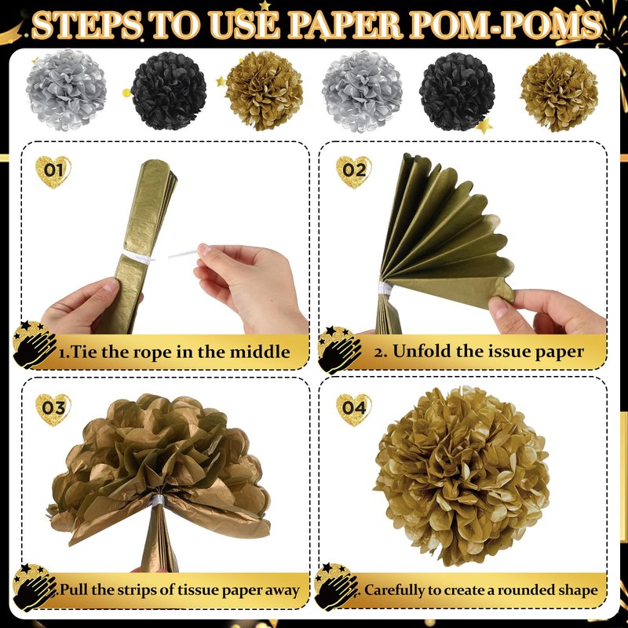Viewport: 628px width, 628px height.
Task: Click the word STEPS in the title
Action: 87,26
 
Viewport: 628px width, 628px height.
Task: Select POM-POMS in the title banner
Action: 506,26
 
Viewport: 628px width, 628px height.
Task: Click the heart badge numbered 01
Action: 53,172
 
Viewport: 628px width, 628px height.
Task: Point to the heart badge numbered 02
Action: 354,172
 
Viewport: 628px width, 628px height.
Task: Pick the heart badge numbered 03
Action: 53,410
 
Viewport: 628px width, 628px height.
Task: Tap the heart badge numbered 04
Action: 354,410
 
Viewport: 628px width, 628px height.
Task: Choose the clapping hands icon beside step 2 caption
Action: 340,349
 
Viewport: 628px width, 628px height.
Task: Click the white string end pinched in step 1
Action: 183,254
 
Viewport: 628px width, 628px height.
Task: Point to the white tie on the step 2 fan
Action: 385,287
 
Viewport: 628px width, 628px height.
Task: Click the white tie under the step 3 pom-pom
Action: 158,500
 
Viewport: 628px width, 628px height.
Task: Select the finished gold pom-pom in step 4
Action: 462,476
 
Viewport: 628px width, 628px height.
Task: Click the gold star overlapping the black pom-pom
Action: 484,126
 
